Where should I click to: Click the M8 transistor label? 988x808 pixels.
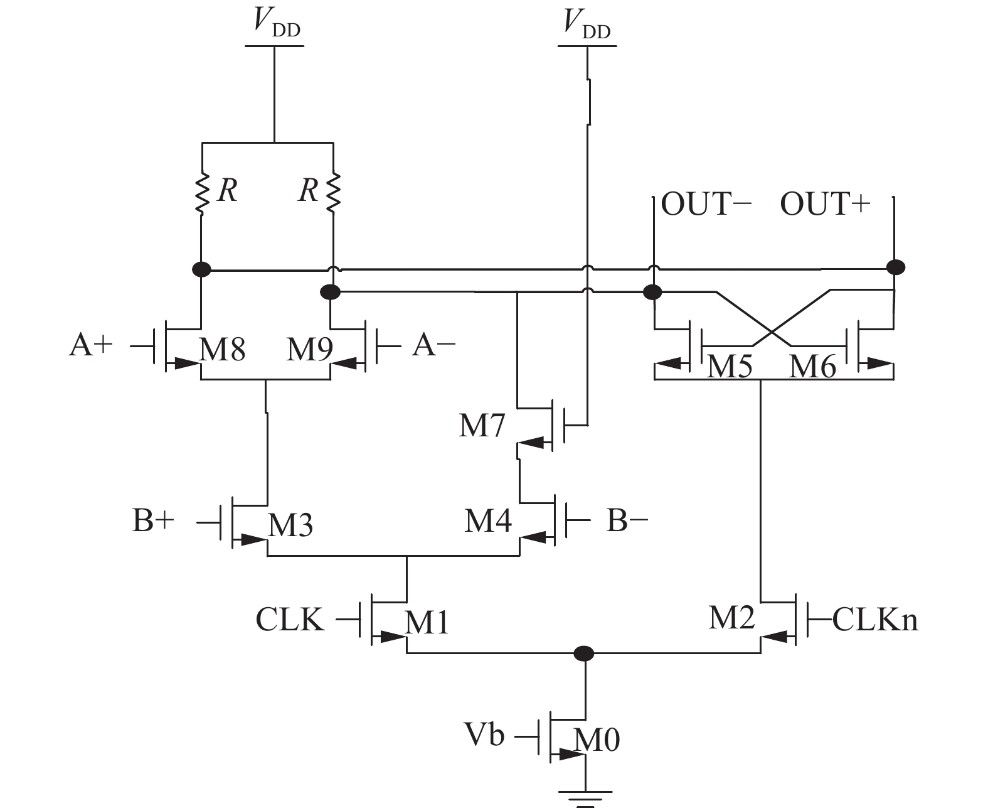pos(222,349)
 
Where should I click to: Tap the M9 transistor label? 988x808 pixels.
pos(309,349)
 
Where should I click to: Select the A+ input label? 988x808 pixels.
pos(90,345)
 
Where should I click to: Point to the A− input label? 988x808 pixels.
pos(433,345)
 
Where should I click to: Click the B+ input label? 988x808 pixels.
pos(152,520)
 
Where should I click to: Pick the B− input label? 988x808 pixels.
pos(627,520)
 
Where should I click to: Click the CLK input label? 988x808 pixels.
pos(290,620)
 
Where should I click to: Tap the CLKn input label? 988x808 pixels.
pos(875,620)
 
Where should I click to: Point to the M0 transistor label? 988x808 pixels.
pos(597,740)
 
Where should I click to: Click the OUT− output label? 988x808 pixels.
pos(706,205)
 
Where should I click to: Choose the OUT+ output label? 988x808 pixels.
pos(825,205)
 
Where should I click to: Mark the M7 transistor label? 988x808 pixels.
pos(482,426)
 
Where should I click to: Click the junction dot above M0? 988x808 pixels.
pos(584,654)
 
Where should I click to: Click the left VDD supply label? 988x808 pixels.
pos(276,23)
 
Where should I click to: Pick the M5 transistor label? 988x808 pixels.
pos(730,366)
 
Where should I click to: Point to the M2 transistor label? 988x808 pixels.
pos(731,618)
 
